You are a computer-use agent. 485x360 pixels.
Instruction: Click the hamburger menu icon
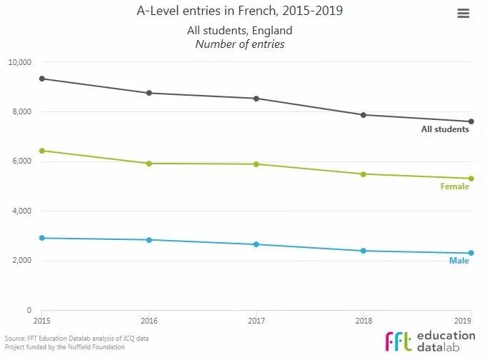tap(463, 14)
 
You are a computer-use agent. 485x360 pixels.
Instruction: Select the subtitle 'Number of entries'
tap(240, 44)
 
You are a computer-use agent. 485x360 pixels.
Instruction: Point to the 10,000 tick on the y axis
tap(19, 62)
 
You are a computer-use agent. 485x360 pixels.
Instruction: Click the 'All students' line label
tap(445, 129)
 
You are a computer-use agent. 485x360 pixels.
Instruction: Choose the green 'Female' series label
tap(455, 186)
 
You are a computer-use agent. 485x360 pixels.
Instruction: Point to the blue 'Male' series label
tap(459, 261)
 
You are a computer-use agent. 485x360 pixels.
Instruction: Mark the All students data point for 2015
tap(42, 79)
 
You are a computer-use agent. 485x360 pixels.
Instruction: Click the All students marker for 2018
tap(364, 115)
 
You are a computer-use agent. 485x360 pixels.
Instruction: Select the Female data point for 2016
tap(149, 164)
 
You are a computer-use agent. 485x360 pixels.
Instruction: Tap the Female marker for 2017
tap(256, 164)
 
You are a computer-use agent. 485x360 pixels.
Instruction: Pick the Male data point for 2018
tap(364, 251)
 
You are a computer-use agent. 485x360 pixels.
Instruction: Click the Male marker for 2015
tap(42, 238)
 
